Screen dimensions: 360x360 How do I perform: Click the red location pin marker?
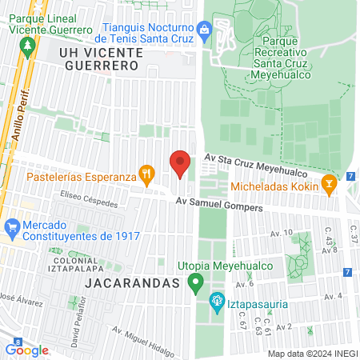point(180,164)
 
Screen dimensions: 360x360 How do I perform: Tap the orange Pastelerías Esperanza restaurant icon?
point(146,172)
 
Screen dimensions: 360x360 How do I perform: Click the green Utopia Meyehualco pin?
point(194,283)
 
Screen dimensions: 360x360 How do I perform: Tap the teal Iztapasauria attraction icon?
point(215,302)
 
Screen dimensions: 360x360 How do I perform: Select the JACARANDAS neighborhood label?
point(130,284)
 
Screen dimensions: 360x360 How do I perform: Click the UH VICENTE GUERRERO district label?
point(100,58)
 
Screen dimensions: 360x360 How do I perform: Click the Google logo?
point(27,350)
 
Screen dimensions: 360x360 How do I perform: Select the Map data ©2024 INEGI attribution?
point(312,354)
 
